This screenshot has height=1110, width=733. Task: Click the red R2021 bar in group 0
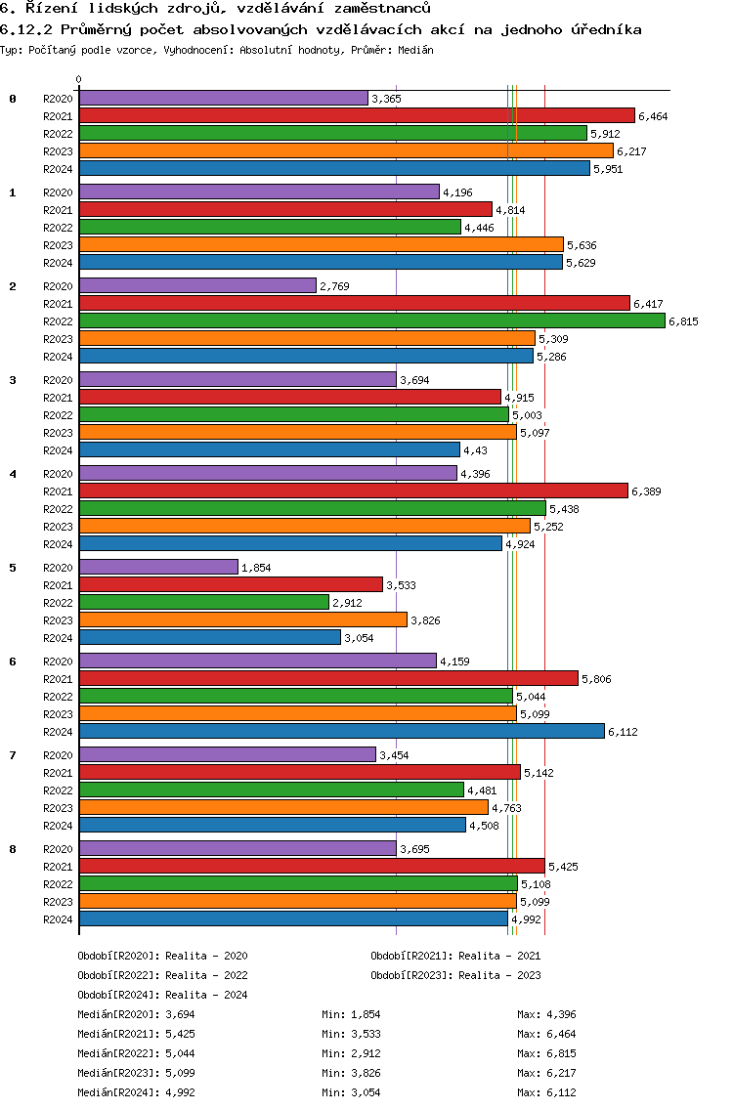click(357, 115)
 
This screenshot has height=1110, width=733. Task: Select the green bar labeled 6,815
click(371, 320)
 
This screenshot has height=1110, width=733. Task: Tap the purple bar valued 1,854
click(158, 567)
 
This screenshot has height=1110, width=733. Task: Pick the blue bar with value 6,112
click(341, 731)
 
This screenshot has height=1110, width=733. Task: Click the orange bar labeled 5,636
click(321, 244)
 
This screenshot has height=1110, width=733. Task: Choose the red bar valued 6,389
click(353, 491)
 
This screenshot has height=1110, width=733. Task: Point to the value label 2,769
click(334, 286)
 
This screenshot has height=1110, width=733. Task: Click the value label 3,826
click(426, 620)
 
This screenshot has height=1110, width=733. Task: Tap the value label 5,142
click(539, 773)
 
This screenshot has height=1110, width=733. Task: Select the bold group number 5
click(13, 568)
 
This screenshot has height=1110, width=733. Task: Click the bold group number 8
click(13, 849)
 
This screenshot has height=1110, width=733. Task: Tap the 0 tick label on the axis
click(79, 80)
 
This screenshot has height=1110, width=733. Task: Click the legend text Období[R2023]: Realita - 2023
click(455, 975)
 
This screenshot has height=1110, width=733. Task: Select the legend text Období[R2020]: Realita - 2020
click(162, 956)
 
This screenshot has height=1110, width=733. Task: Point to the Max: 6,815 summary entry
click(546, 1053)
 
